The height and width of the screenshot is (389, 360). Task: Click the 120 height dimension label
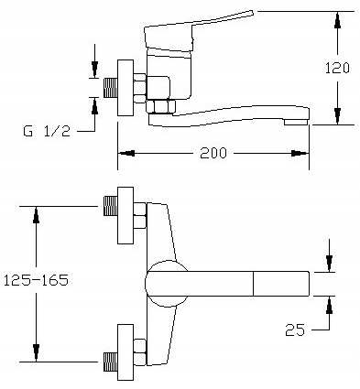pos(337,68)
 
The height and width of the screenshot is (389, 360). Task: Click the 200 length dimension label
pos(213,153)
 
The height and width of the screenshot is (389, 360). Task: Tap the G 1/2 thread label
pos(47,131)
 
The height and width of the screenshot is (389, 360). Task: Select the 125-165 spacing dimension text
pos(36,280)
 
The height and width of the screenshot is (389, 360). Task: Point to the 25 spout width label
pos(295,330)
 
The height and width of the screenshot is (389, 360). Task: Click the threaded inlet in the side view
pos(111,88)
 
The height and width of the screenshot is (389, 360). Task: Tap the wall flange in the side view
pos(125,88)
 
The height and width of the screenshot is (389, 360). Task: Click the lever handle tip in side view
pos(251,13)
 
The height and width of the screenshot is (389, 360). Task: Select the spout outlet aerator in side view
pos(296,122)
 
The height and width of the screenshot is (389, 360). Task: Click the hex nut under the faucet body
pos(160,106)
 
